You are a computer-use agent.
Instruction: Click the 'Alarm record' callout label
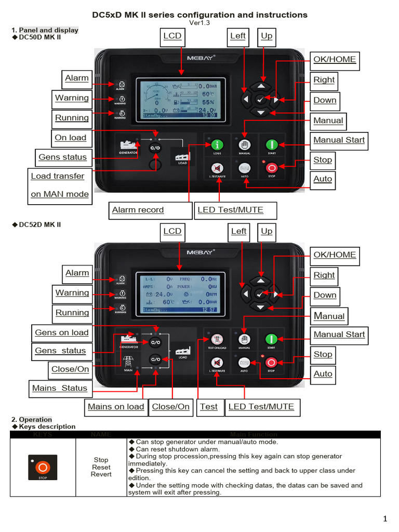138,210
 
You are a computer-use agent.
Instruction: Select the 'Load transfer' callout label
58,176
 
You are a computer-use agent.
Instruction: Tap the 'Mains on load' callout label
116,407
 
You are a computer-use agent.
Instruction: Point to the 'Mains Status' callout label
60,388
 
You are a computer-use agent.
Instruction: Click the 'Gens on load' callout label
62,332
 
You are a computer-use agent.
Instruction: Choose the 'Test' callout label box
209,407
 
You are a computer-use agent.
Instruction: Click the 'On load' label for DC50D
71,138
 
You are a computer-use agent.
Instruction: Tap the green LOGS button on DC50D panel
217,145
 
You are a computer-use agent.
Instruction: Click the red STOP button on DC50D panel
271,168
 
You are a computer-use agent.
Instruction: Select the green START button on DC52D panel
271,339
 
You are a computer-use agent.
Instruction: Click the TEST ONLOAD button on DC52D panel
217,339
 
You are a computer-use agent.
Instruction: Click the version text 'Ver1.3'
199,23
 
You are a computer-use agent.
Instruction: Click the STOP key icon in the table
43,467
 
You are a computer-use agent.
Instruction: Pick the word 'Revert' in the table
101,474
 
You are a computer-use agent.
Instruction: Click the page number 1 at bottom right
385,518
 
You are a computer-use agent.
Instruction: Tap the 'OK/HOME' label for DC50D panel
335,59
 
